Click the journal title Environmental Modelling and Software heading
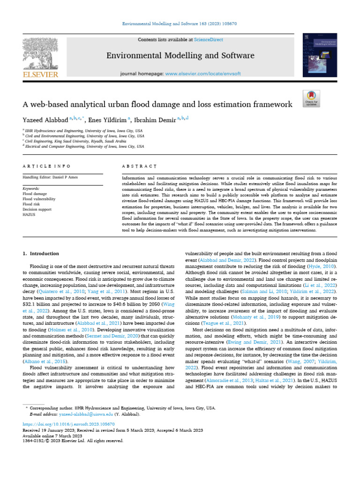[180, 56]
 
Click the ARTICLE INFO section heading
[46, 166]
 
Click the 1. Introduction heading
[41, 254]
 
